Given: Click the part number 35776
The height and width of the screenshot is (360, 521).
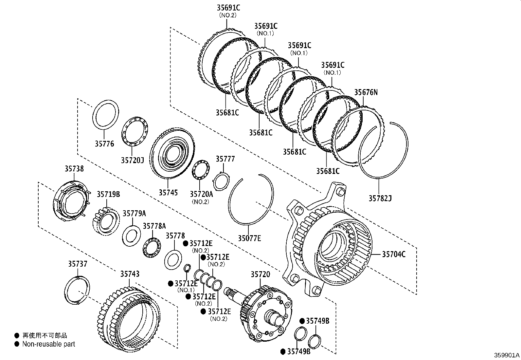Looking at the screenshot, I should (x=105, y=143).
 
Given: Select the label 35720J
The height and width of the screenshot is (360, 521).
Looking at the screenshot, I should (x=132, y=160).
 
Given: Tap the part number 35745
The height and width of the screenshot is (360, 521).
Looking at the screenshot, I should (x=168, y=192).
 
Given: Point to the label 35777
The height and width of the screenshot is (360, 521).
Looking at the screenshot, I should (x=225, y=159).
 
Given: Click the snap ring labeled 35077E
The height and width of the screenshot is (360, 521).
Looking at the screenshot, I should (x=251, y=200).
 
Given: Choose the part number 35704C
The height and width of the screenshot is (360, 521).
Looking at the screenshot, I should (x=394, y=254).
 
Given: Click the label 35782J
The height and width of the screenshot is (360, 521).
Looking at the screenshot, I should (x=380, y=198).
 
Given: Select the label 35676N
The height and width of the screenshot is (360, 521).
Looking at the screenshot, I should (x=366, y=92).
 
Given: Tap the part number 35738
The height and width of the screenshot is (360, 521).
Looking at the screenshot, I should (x=74, y=169).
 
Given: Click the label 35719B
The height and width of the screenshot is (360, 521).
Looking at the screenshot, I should (x=108, y=194).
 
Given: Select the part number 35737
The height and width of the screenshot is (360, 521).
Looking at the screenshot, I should (x=78, y=264).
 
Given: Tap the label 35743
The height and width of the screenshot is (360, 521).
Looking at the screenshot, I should (x=130, y=274).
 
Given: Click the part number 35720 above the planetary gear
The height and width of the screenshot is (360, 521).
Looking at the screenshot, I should (x=260, y=275).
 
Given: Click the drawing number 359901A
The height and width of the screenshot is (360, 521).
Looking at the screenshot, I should (x=507, y=355).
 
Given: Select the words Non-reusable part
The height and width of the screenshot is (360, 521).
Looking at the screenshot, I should (x=48, y=344).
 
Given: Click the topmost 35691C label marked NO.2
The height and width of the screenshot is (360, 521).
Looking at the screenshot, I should (x=228, y=8).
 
